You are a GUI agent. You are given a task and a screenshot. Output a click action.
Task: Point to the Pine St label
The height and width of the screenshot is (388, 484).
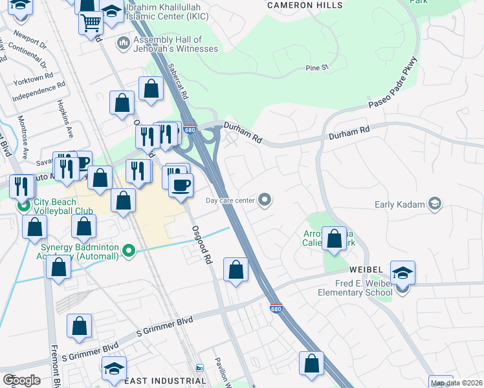(318, 67)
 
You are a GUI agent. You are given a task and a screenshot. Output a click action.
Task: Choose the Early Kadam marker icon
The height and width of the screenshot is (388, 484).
(435, 204)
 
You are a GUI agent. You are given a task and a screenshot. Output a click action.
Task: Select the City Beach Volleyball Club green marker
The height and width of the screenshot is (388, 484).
(24, 206)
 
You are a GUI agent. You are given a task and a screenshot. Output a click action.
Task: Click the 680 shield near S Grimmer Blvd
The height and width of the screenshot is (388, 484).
(276, 309)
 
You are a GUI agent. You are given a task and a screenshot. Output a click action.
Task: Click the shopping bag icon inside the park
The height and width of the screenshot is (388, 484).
(334, 238)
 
